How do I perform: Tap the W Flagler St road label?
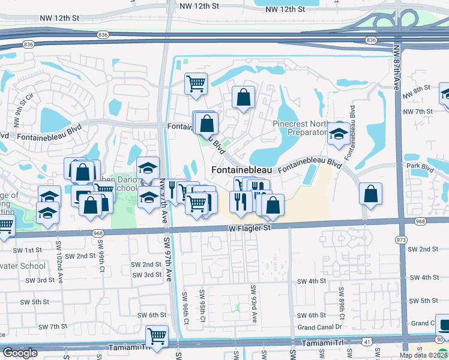point(250,228)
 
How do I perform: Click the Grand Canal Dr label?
point(319,327)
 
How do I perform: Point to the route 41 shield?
point(366,341)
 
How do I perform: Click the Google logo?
point(20,353)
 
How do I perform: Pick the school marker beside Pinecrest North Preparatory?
point(339,134)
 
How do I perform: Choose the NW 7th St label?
point(418,112)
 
